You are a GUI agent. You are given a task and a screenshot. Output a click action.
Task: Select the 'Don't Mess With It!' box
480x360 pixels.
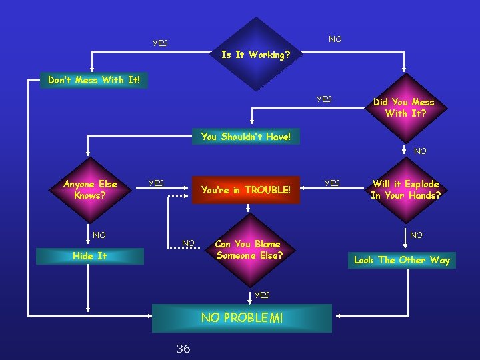(93, 80)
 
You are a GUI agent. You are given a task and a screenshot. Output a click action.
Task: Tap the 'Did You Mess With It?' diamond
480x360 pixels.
(403, 107)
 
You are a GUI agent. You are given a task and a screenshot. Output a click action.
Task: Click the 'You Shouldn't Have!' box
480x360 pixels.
(246, 137)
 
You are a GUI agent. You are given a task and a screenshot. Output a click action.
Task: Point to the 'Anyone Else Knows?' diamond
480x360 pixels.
(89, 190)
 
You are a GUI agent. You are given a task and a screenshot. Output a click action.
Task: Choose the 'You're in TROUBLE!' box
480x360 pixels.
(246, 190)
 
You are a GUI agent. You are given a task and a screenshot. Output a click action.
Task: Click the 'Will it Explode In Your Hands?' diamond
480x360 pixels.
(405, 189)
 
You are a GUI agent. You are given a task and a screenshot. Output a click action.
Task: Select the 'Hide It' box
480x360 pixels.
(89, 256)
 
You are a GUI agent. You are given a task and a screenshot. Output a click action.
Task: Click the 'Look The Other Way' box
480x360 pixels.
(402, 260)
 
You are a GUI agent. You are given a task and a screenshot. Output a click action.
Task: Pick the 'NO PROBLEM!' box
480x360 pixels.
(242, 318)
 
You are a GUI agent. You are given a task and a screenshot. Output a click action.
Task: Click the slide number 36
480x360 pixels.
(183, 348)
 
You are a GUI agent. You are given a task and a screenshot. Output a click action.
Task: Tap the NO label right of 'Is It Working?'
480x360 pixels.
(335, 39)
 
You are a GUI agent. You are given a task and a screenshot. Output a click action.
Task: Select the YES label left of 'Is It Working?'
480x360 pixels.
(160, 43)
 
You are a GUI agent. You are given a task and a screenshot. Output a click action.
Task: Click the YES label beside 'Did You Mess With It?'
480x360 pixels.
(324, 99)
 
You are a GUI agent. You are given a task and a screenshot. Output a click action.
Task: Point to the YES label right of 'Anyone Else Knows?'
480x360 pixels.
(156, 183)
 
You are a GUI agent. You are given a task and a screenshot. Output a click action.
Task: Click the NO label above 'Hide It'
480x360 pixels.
(99, 235)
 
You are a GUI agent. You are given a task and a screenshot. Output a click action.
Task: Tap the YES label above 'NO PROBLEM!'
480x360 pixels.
(262, 295)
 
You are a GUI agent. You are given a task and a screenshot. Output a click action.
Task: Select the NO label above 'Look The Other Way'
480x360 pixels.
(416, 235)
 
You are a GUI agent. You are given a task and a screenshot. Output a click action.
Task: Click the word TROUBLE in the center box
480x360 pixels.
(267, 190)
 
